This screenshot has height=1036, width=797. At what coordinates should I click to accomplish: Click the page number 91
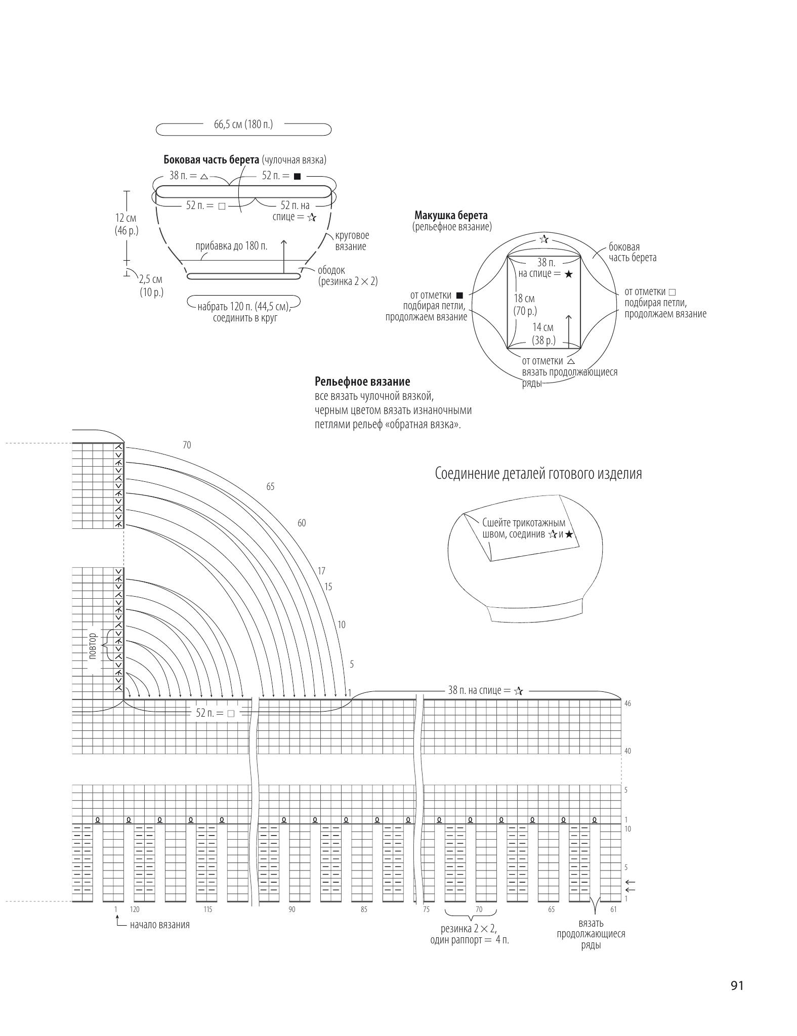[x=737, y=985]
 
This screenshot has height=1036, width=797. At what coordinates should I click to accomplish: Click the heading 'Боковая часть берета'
[x=211, y=160]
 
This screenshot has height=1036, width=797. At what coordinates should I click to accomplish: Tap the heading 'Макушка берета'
[x=451, y=216]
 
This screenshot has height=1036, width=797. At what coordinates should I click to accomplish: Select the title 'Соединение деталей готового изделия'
[x=538, y=474]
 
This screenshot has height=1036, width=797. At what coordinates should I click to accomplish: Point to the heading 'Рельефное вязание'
[x=362, y=382]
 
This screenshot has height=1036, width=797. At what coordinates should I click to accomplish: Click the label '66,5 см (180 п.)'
[x=243, y=124]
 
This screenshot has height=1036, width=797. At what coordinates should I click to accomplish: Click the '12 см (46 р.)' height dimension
[x=126, y=224]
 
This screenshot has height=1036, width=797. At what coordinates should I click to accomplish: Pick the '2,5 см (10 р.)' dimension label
[x=151, y=286]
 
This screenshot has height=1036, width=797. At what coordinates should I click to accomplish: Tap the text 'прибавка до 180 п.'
[x=232, y=246]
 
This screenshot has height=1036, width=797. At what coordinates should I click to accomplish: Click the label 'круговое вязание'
[x=352, y=241]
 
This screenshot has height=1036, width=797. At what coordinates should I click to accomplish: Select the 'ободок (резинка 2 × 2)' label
[x=348, y=276]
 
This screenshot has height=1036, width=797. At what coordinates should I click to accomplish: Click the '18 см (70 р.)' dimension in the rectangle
[x=525, y=305]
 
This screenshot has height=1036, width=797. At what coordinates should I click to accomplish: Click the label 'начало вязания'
[x=160, y=925]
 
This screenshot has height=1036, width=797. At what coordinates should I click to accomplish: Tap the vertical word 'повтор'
[x=93, y=645]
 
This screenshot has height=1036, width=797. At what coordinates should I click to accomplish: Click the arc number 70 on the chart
[x=187, y=445]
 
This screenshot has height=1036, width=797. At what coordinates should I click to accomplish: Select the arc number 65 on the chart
[x=270, y=486]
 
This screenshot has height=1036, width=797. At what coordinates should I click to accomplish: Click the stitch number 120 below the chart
[x=135, y=909]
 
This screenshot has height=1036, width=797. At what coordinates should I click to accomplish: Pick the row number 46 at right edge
[x=627, y=703]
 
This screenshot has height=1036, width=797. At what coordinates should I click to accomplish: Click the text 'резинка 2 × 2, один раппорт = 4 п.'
[x=470, y=935]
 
